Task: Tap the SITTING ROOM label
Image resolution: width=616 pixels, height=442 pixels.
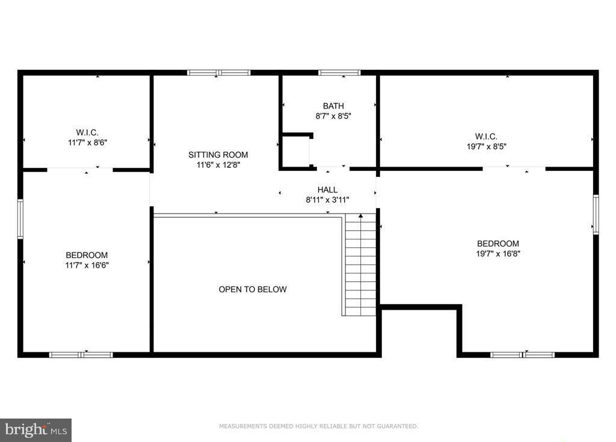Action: tap(218, 155)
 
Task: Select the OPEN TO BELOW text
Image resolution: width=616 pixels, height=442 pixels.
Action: tap(253, 289)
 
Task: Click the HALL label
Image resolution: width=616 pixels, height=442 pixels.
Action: tap(327, 190)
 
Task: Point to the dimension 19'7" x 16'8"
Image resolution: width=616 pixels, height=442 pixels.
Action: tap(497, 253)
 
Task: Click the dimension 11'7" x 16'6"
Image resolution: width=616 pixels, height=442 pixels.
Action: tap(87, 265)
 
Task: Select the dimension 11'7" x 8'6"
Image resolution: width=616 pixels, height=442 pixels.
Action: tap(87, 143)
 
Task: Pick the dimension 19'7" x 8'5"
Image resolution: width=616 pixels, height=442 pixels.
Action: tap(485, 146)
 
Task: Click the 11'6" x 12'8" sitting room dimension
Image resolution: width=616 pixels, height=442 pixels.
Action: tap(218, 164)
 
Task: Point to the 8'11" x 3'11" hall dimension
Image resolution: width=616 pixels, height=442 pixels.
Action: tap(327, 200)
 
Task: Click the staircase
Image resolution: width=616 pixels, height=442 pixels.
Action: tap(360, 265)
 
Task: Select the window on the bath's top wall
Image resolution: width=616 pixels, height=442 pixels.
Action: tap(339, 73)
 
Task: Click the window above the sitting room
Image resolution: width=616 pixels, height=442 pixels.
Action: tap(218, 73)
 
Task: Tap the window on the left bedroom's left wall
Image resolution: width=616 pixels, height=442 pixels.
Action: tap(20, 219)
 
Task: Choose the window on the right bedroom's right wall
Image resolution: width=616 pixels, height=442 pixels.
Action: tap(596, 214)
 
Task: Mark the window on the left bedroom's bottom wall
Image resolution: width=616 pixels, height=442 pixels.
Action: tap(81, 355)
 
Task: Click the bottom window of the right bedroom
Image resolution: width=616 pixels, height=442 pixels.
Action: tap(522, 355)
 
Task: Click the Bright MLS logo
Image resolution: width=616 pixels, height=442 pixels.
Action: tap(36, 429)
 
